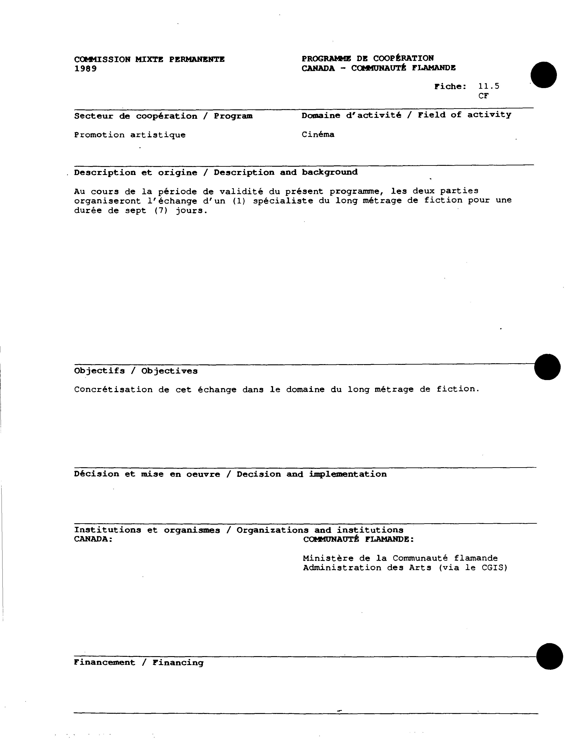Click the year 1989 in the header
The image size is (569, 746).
point(85,69)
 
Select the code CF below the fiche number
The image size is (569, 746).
point(483,96)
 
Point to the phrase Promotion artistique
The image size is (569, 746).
point(130,135)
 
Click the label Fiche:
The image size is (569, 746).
point(450,87)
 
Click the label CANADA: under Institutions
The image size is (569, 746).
point(93,539)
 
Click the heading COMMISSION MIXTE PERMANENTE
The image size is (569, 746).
point(149,60)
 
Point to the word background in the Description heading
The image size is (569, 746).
point(330,172)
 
